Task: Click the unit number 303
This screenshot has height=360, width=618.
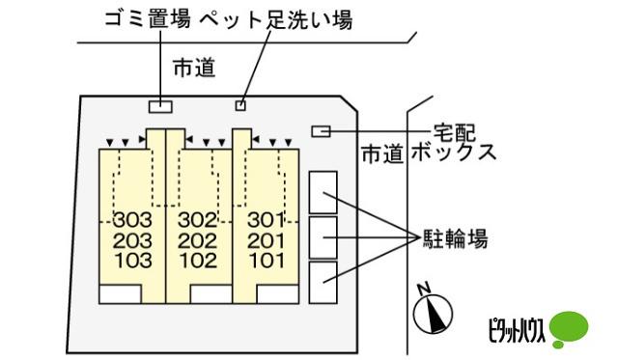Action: (x=131, y=219)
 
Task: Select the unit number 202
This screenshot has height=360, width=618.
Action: (x=196, y=239)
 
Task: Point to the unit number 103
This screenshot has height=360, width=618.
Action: (x=131, y=260)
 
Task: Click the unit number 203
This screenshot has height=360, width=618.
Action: (x=131, y=239)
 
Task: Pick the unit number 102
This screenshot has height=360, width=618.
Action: (x=196, y=260)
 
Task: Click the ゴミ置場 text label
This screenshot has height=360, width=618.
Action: (x=148, y=18)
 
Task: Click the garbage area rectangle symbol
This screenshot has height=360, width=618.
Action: (x=159, y=105)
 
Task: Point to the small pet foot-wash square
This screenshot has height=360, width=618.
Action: (x=241, y=105)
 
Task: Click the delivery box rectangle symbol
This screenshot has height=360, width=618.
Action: (x=322, y=131)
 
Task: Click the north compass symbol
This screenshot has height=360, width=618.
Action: (x=431, y=313)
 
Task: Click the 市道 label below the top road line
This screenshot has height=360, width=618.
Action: (x=194, y=68)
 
